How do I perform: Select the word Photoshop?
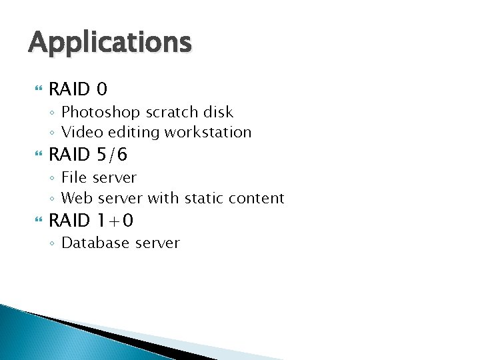point(95,112)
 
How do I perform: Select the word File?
point(74,177)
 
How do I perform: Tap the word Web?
point(76,198)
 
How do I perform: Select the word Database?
point(95,243)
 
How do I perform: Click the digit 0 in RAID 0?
point(101,89)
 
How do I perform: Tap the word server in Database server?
point(157,243)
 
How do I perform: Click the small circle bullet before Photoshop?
point(52,113)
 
